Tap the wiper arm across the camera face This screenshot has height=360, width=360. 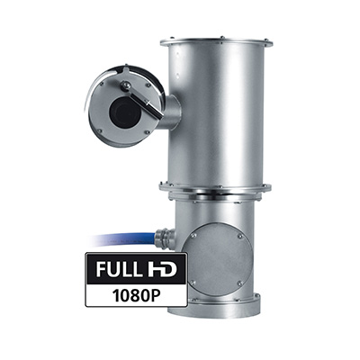(142, 101)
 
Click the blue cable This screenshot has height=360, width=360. (124, 240)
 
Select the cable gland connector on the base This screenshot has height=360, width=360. (165, 237)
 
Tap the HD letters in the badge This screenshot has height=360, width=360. (162, 269)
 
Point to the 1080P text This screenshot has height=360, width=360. (136, 295)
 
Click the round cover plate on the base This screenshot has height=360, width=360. (218, 259)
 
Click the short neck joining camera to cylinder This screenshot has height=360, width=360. (172, 112)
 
